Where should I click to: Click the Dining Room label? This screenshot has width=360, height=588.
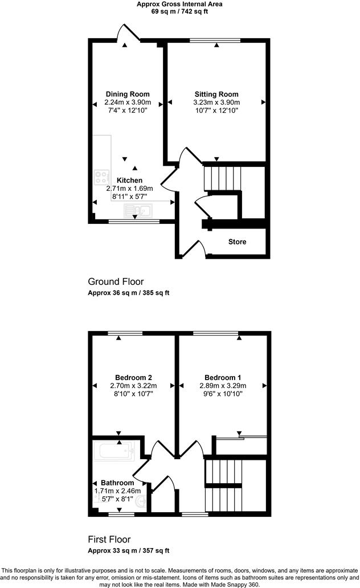(128, 94)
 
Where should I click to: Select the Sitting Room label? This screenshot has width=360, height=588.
(216, 94)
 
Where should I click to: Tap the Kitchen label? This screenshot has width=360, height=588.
(129, 180)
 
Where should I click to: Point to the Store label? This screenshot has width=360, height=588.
(238, 242)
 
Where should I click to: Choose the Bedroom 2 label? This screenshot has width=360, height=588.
(133, 377)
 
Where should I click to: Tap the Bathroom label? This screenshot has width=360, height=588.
(117, 483)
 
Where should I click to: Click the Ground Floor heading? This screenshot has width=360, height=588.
(116, 281)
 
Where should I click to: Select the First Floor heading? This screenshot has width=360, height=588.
(109, 539)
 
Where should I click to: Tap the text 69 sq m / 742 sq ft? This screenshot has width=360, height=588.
(179, 11)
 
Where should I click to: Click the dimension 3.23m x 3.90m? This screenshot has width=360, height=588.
(216, 103)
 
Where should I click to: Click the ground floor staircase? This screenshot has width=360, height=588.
(223, 178)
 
